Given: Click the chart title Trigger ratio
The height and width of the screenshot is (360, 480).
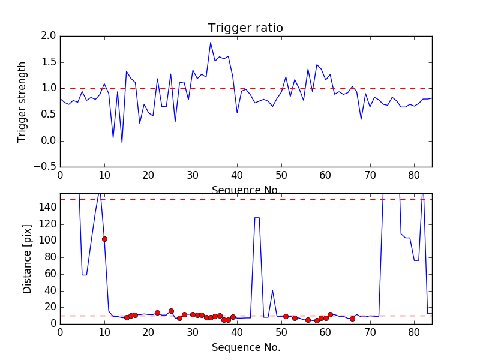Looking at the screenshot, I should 245,28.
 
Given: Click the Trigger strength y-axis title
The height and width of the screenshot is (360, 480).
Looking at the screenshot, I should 22,101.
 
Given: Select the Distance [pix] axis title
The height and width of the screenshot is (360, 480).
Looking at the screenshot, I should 28,259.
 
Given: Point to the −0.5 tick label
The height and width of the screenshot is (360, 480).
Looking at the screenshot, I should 44,167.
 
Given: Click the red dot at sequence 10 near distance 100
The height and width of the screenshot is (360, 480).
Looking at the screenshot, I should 104,239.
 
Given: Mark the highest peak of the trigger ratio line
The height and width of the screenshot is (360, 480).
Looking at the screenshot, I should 211,42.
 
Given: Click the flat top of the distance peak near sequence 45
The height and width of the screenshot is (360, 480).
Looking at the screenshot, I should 257,218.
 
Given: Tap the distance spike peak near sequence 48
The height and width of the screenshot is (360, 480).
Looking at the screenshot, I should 272,290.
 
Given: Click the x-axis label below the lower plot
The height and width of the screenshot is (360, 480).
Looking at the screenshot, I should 245,347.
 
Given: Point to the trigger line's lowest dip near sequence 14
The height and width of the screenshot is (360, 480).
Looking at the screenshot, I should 122,142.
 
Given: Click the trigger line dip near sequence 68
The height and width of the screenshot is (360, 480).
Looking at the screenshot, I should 361,119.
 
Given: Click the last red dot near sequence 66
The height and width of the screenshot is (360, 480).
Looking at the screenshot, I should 352,319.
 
